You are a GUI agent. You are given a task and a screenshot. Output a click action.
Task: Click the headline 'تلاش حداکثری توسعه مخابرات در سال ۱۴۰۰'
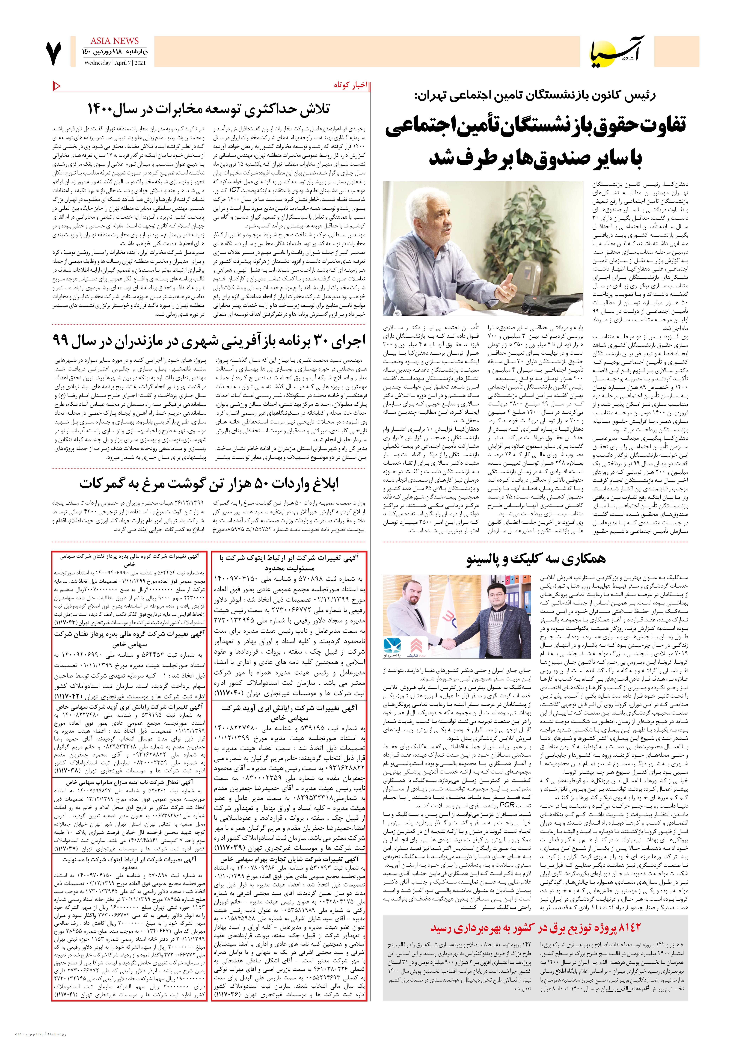pos(209,109)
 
